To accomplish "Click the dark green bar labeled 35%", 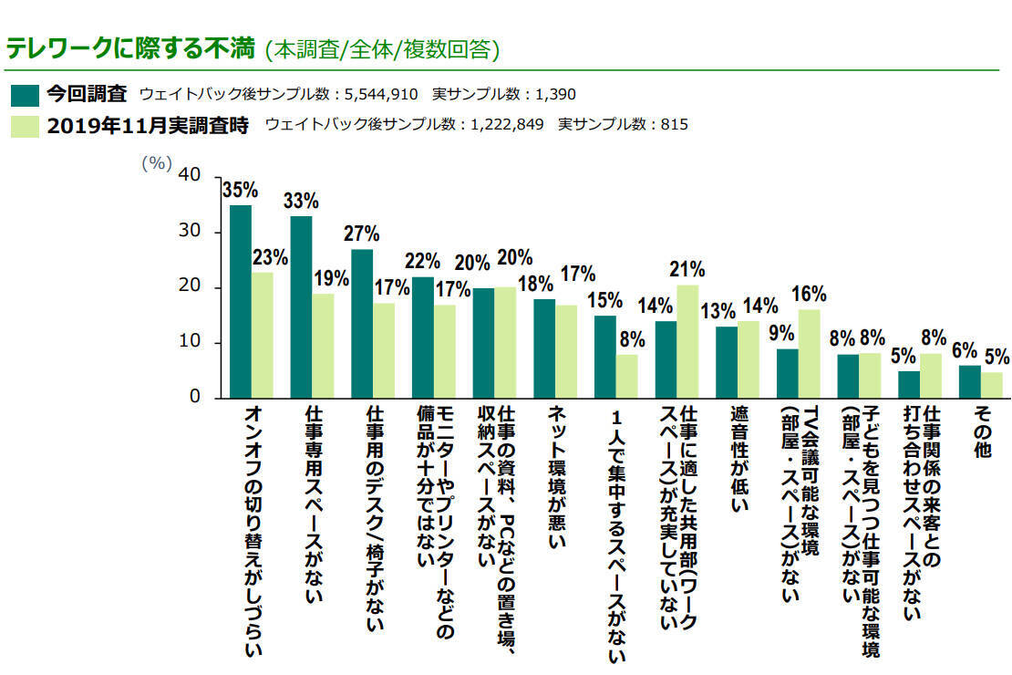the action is click(x=241, y=301).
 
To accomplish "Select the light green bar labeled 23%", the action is click(x=262, y=335).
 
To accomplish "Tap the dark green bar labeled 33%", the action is click(x=302, y=306).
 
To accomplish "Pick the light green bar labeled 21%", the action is click(x=687, y=341).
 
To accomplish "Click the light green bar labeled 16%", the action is click(x=810, y=353).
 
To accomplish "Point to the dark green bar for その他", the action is click(x=970, y=381).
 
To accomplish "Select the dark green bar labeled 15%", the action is click(x=605, y=357).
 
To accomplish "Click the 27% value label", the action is click(x=361, y=234).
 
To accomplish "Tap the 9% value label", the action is click(x=781, y=333).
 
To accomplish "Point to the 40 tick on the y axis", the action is click(x=190, y=175).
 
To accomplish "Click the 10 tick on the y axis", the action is click(x=190, y=342).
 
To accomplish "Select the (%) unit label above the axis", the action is click(x=157, y=162).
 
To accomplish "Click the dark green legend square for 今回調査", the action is click(x=26, y=95).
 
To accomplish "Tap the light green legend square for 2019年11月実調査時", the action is click(x=26, y=126).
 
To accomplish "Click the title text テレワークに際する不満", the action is click(x=131, y=48).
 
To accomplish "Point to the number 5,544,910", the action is click(x=381, y=94).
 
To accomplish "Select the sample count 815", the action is click(x=674, y=124).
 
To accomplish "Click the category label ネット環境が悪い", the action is click(x=557, y=477).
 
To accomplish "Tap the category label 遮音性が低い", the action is click(x=739, y=459).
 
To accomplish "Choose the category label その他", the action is click(x=982, y=431).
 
